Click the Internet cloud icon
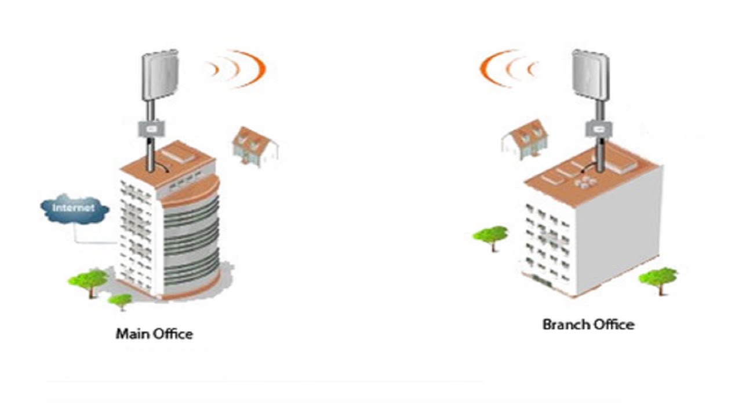tap(75, 209)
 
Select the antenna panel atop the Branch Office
tap(590, 74)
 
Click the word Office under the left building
tap(172, 334)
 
